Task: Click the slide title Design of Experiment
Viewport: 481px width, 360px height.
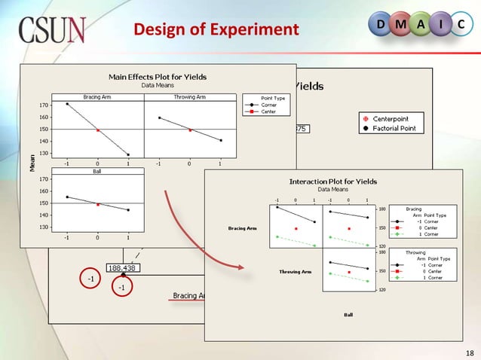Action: pos(216,30)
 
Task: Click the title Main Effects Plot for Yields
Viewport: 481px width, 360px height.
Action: pos(158,76)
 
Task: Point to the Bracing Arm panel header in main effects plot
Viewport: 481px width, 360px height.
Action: pos(97,96)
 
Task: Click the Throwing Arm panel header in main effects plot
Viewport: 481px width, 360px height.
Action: pos(188,96)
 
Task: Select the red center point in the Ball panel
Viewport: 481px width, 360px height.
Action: pos(97,204)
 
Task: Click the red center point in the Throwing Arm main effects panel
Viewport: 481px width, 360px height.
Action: pos(189,130)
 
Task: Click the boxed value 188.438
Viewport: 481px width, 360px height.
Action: pos(123,267)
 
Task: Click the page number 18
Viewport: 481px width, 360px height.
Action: pos(467,351)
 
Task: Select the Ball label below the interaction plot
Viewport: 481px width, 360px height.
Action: pos(348,314)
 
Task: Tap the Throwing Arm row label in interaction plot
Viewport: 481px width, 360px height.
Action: pos(296,271)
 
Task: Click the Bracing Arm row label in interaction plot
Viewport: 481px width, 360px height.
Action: pos(243,227)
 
